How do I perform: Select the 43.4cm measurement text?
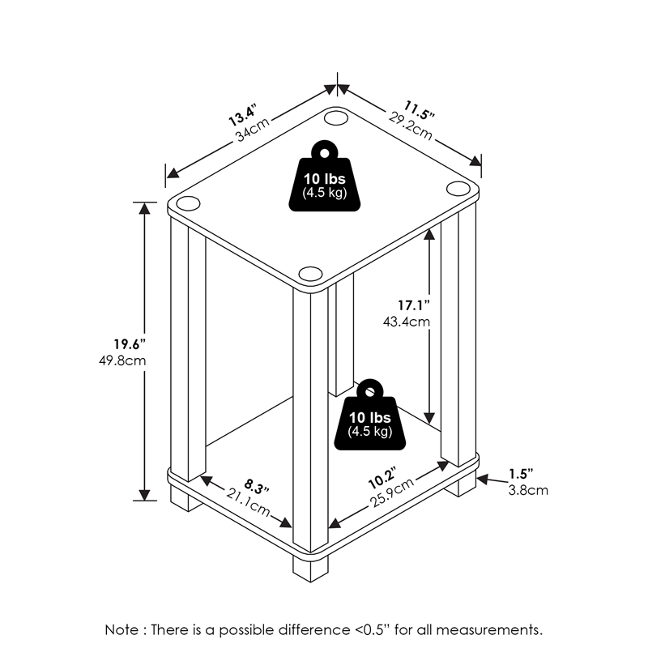[407, 322]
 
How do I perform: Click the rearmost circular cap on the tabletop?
[334, 118]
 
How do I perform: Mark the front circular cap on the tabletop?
[310, 273]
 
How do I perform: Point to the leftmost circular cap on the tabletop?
[186, 202]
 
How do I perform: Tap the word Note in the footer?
[121, 629]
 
